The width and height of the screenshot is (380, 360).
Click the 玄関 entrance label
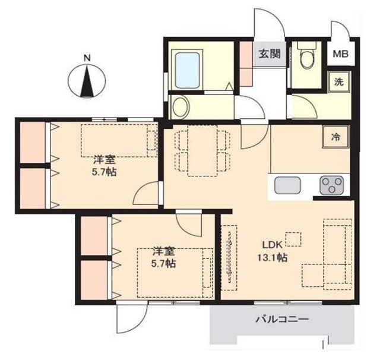point(270,53)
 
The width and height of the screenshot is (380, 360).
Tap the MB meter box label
point(340,54)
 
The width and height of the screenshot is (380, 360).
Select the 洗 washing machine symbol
point(339,82)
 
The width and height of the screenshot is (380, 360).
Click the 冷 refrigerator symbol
point(336,137)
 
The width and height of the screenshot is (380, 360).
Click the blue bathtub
point(188,70)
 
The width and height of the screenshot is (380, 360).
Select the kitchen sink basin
point(287,185)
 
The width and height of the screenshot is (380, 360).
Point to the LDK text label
point(273,245)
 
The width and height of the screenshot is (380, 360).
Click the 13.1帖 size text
point(272,257)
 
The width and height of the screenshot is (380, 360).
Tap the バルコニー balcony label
point(282,319)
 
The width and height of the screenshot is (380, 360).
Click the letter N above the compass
point(87,58)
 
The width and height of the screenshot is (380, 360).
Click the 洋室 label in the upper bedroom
point(104,160)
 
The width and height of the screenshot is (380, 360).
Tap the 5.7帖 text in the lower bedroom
point(164,263)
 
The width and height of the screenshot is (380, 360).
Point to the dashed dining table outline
point(202,150)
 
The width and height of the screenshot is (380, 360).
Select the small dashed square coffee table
point(293,239)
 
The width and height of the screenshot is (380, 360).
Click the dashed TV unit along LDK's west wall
point(230,257)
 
